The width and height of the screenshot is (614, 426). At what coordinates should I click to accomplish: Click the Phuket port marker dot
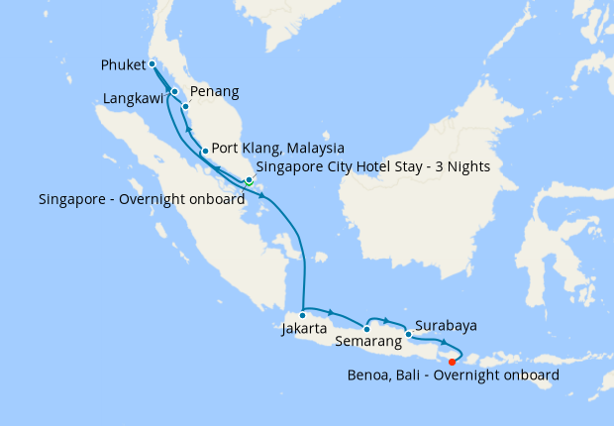pyautogui.click(x=153, y=64)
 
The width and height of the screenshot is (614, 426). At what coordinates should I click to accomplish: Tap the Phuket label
pyautogui.click(x=124, y=65)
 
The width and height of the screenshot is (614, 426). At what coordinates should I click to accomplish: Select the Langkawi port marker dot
pyautogui.click(x=175, y=92)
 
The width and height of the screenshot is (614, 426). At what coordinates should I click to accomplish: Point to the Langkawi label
pyautogui.click(x=134, y=99)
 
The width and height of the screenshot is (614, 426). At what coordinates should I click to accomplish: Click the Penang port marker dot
pyautogui.click(x=185, y=106)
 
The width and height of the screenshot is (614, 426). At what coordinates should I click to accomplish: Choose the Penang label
pyautogui.click(x=214, y=92)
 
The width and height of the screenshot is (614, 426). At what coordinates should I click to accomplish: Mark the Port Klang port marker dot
pyautogui.click(x=204, y=152)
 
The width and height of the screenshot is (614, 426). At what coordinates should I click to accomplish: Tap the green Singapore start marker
pyautogui.click(x=250, y=182)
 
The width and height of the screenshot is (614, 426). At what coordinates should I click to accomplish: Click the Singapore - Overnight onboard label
pyautogui.click(x=142, y=199)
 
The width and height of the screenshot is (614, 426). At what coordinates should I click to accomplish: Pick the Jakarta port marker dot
pyautogui.click(x=303, y=315)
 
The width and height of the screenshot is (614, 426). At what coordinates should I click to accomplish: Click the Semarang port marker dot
pyautogui.click(x=367, y=329)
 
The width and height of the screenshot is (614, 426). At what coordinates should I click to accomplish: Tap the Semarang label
pyautogui.click(x=368, y=342)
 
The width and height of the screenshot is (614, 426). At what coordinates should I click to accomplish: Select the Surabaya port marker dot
pyautogui.click(x=408, y=334)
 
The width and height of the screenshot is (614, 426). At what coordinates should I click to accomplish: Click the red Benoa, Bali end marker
pyautogui.click(x=453, y=361)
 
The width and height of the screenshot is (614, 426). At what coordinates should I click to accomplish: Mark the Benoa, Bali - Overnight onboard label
pyautogui.click(x=453, y=375)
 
